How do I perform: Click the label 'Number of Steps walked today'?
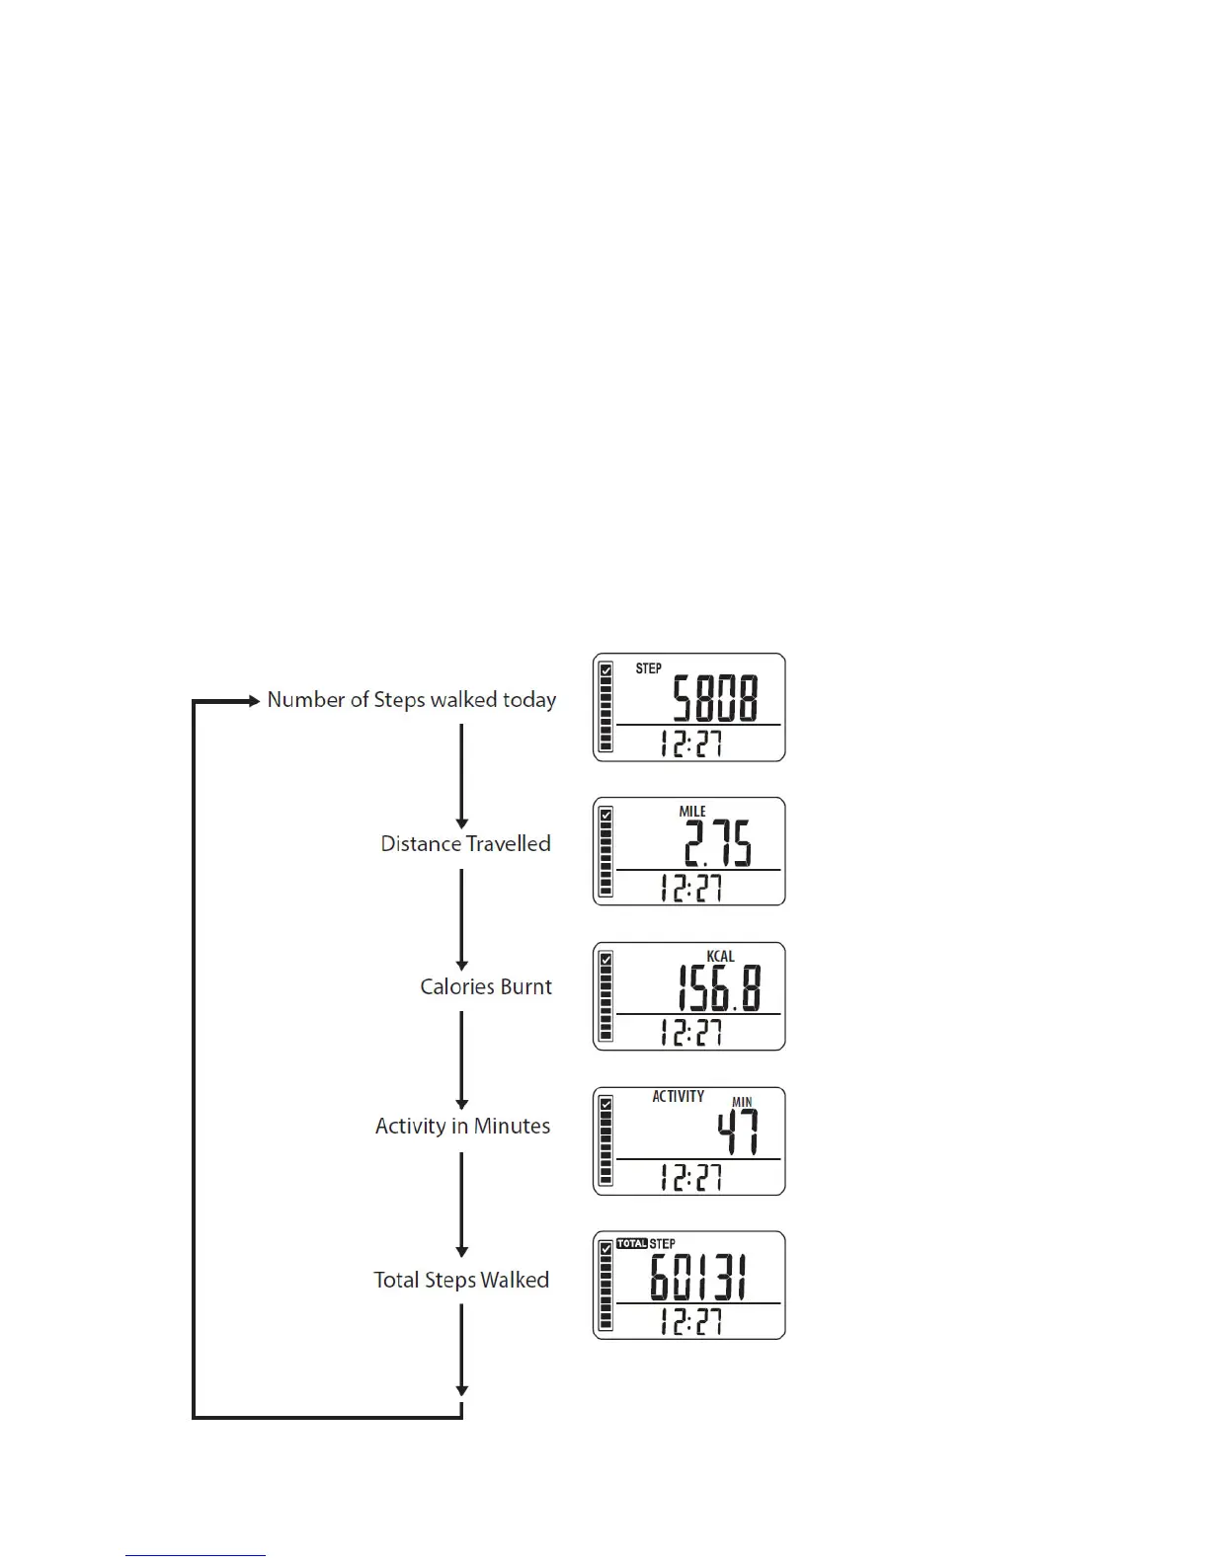(411, 700)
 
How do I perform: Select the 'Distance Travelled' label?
(465, 844)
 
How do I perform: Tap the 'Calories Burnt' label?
(486, 987)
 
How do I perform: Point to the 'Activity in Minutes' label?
(462, 1127)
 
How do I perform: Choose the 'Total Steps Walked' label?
(461, 1281)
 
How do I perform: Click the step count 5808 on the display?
(715, 699)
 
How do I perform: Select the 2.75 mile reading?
(718, 843)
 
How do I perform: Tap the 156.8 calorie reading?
(718, 988)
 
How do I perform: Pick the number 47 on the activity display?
(738, 1133)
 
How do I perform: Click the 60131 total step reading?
(698, 1278)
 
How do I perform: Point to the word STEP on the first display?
(649, 668)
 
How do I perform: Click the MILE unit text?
(692, 812)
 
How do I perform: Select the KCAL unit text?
(720, 956)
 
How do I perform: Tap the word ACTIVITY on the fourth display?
(678, 1096)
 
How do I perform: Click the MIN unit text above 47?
(742, 1102)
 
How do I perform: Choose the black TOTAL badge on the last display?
(631, 1243)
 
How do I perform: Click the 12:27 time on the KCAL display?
(691, 1033)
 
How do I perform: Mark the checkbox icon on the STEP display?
(606, 669)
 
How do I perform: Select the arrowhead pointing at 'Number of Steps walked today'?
(254, 701)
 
